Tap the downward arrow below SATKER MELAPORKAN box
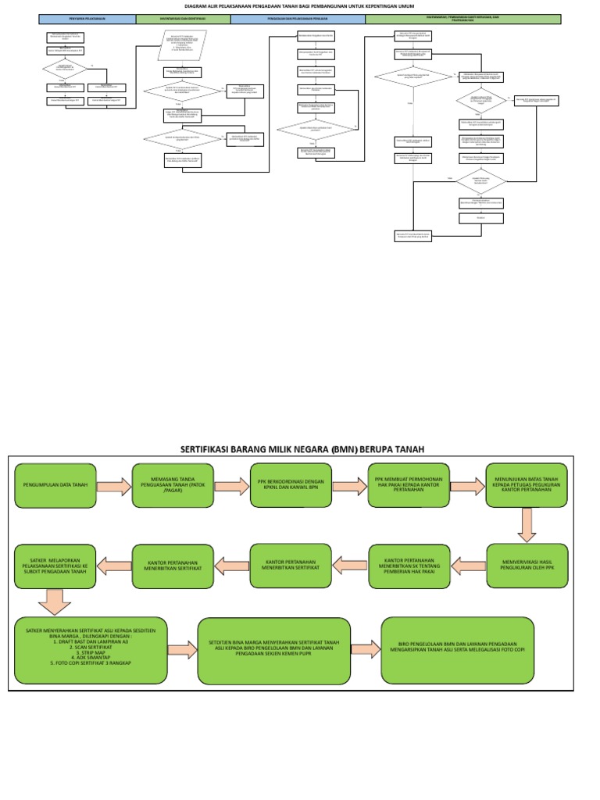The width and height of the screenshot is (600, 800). point(53,602)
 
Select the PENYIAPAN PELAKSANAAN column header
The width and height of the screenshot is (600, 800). point(87,19)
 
